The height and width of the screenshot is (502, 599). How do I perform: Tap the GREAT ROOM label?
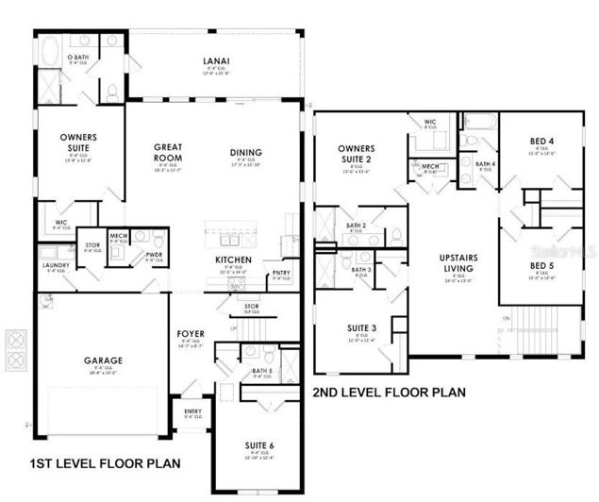[174, 153]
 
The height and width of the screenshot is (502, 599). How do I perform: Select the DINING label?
[245, 153]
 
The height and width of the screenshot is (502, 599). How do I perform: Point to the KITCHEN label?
[231, 259]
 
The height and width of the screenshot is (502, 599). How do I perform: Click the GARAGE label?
[104, 360]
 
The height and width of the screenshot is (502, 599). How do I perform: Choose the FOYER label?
[191, 333]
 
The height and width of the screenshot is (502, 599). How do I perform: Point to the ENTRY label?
[192, 410]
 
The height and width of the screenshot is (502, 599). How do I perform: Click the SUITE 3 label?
[361, 327]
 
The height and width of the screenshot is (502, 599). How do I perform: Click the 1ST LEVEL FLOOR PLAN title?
[104, 465]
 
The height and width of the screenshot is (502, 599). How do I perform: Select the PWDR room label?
[155, 254]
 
